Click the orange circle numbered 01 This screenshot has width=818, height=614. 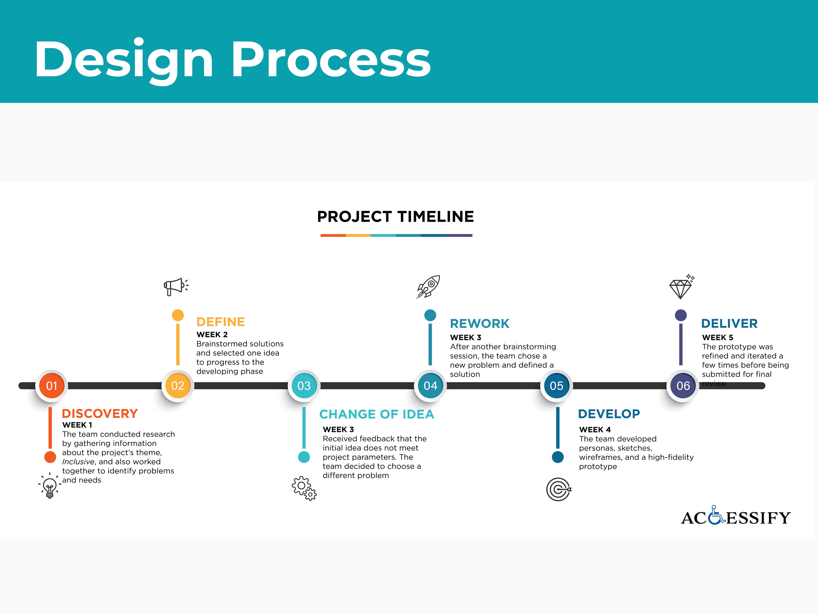coord(51,386)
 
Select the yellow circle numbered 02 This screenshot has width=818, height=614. coord(177,386)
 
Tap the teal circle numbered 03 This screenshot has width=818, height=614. coord(304,386)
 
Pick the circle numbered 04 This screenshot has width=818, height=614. coord(430,386)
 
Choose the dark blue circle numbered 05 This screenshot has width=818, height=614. coord(557,386)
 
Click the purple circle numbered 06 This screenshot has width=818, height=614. coord(683,386)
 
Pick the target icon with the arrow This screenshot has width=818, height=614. coord(558,489)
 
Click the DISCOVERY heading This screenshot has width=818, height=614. coord(100,413)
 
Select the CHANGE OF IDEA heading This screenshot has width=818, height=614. coord(376,414)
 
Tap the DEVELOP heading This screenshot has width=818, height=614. coord(609,414)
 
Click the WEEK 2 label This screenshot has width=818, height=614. coord(212,335)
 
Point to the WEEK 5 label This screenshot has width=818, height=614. coord(717,337)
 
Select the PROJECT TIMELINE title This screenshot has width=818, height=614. coord(395,217)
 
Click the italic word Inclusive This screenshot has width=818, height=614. coord(78,462)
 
